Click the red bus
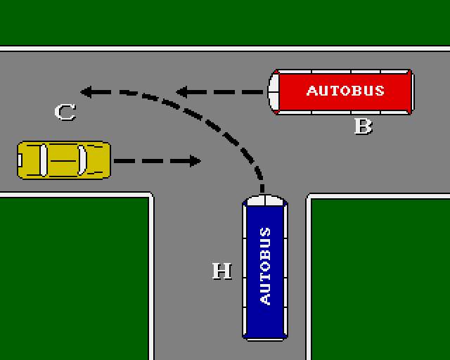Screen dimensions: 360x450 [x=342, y=91]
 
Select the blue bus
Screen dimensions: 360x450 [x=265, y=268]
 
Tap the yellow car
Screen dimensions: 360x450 [x=64, y=160]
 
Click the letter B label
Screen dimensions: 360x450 [x=363, y=127]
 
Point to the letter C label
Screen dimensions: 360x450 [x=65, y=112]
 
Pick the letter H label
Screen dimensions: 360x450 [x=222, y=271]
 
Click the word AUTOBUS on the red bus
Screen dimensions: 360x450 [x=345, y=91]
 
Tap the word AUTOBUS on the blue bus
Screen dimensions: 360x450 [x=265, y=266]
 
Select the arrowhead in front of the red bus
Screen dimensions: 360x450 [x=181, y=91]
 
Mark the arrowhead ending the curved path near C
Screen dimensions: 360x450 [x=86, y=91]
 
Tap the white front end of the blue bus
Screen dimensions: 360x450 [x=265, y=200]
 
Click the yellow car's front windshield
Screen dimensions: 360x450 [x=83, y=160]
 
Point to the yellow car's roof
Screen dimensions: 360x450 [x=63, y=160]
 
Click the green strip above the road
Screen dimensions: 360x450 [x=225, y=21]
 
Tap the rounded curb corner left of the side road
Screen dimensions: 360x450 [x=148, y=196]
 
